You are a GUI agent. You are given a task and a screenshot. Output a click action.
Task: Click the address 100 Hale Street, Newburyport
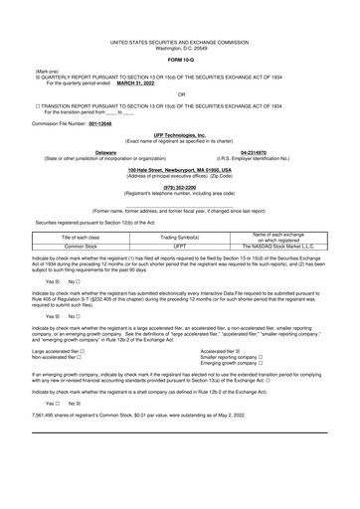click(180, 170)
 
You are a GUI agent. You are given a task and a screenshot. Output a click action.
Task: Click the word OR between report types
click(180, 94)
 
